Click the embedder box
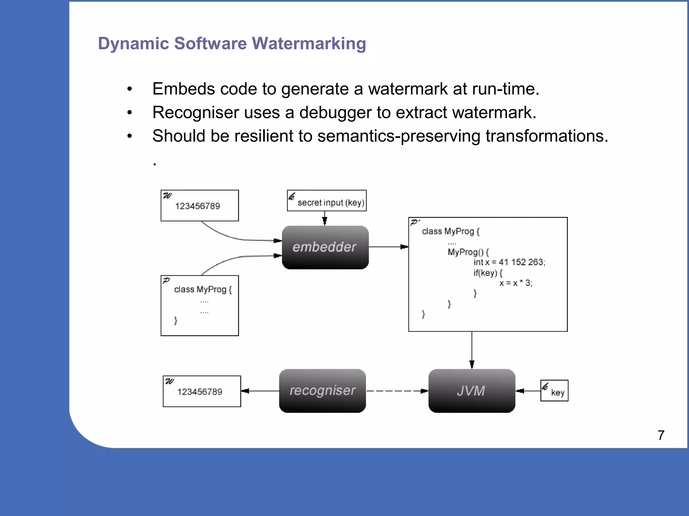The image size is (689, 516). coord(325,247)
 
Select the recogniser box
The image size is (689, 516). coord(322,391)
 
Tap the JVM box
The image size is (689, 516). coord(471,391)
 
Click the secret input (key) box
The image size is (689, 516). coord(327,201)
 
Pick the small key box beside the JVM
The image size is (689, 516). coord(554,391)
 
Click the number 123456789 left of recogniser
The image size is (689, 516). coord(200,392)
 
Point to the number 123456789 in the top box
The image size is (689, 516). coord(197,206)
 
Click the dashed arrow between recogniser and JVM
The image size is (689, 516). coord(397,391)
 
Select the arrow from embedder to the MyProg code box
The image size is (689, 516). coord(388,247)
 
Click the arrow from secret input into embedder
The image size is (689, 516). coord(325,218)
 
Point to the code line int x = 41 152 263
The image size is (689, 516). coord(509,262)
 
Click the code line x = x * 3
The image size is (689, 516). coord(515,283)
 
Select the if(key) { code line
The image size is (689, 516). coord(487,273)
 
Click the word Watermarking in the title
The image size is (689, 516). coord(309,44)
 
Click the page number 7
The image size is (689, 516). coord(661,435)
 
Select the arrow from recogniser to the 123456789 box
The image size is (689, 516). coord(260,391)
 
